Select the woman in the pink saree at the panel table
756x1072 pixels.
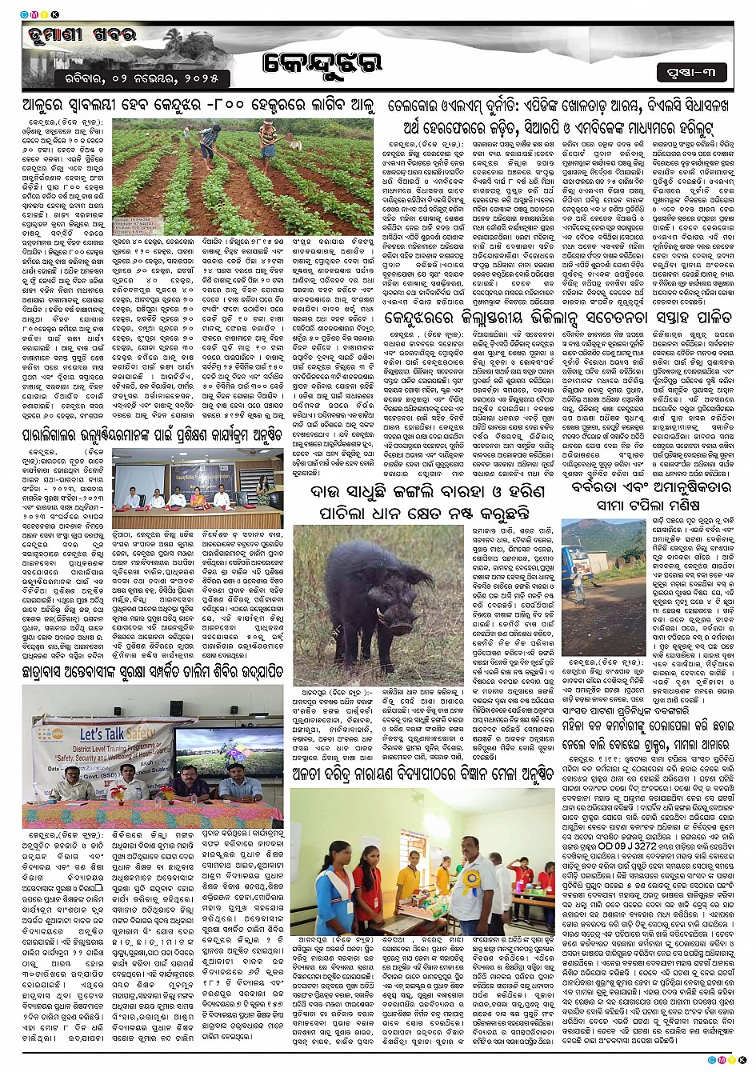coord(197,497)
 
